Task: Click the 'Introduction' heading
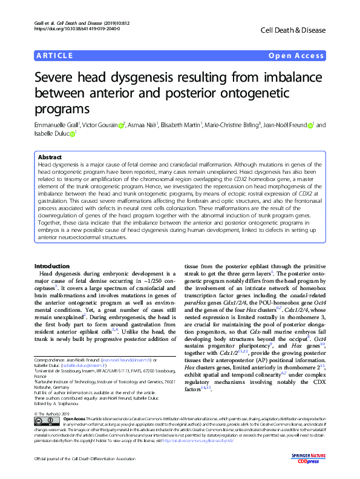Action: coord(51,266)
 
